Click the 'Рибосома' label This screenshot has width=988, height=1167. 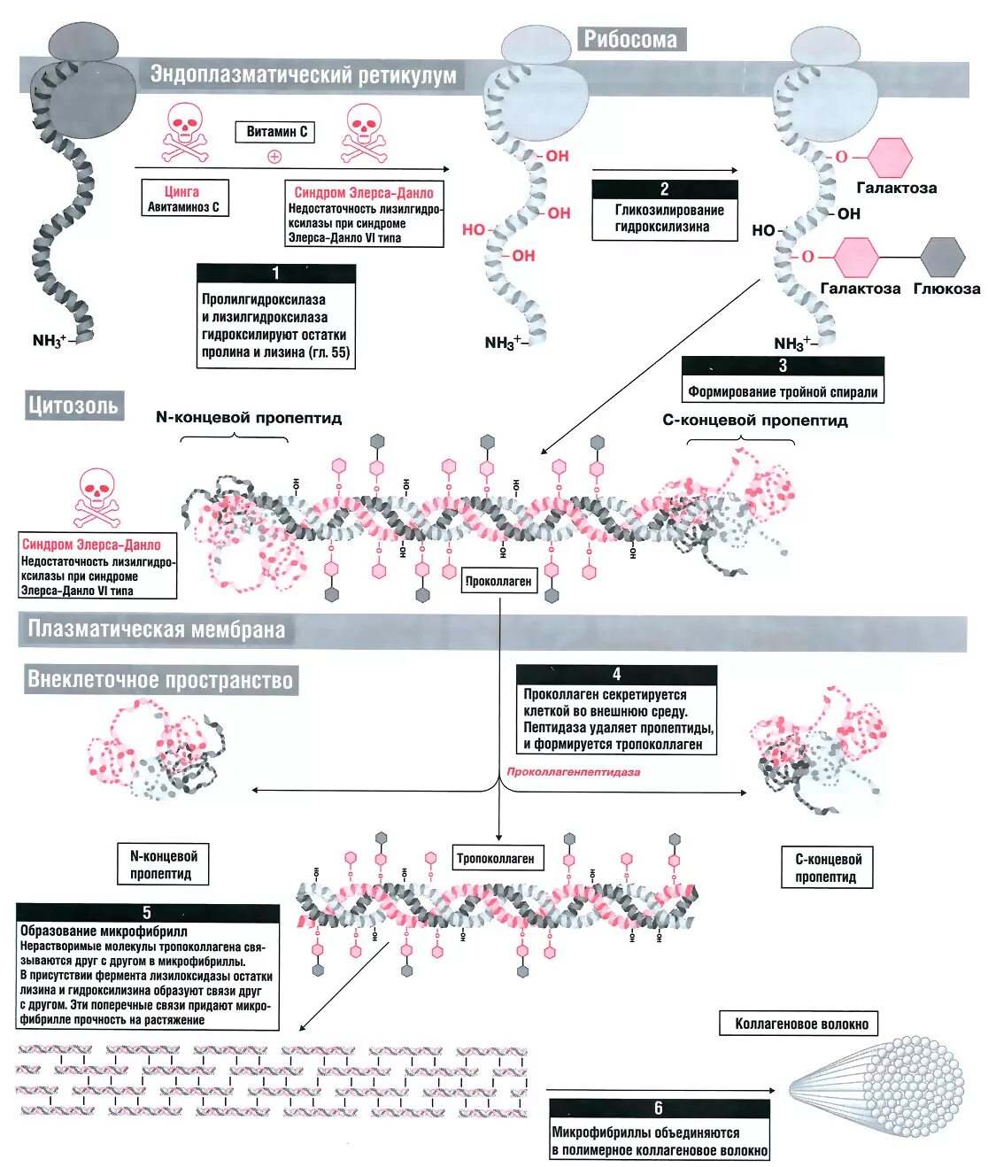[x=630, y=40]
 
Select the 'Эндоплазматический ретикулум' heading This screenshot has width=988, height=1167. [x=303, y=75]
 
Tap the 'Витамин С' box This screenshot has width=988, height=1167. [x=276, y=132]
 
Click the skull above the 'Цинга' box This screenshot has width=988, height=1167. [x=184, y=133]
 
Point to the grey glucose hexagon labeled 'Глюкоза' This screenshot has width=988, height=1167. [x=942, y=257]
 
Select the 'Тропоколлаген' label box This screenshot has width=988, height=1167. [x=495, y=858]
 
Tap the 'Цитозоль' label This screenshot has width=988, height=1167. [x=73, y=406]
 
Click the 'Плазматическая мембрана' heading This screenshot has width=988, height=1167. [x=157, y=630]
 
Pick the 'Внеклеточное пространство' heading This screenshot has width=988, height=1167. [x=160, y=680]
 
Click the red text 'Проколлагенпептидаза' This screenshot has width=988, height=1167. [x=573, y=772]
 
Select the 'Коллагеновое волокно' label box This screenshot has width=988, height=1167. [x=801, y=1024]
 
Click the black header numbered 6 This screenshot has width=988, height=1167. [x=659, y=1109]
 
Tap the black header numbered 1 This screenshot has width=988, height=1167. [x=276, y=274]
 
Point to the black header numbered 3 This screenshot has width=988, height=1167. [x=783, y=366]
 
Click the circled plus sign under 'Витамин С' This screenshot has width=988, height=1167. [x=274, y=157]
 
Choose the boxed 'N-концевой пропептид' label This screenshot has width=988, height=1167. [x=164, y=864]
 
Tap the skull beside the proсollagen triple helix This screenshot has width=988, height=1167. [x=96, y=498]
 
